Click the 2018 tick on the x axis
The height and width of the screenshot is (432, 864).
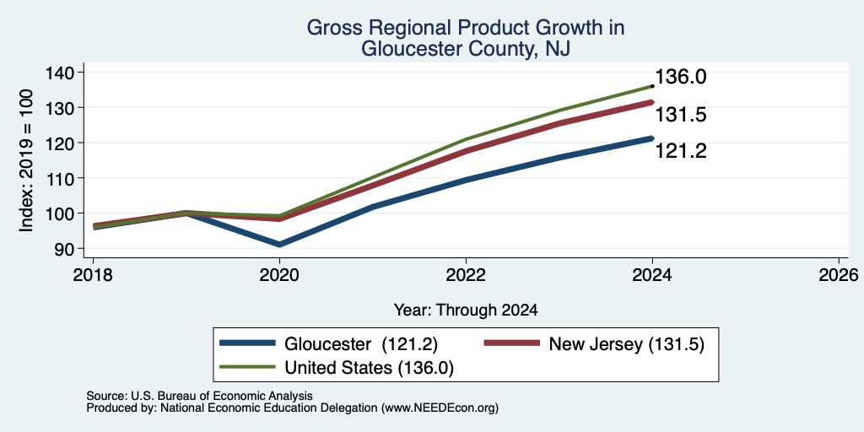[x=93, y=275]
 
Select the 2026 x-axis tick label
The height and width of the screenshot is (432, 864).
[x=839, y=275]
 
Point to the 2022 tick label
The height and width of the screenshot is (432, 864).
[x=466, y=275]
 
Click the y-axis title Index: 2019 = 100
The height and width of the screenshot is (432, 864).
[x=26, y=160]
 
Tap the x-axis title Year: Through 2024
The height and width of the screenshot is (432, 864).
[x=466, y=310]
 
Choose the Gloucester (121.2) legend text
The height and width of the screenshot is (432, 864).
[x=361, y=344]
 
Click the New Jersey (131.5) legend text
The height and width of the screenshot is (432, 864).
[x=627, y=344]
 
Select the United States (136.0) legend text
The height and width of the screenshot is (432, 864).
[x=370, y=368]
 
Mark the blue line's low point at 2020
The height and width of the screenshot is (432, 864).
[x=279, y=244]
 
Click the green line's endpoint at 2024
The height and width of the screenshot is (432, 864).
[x=652, y=86]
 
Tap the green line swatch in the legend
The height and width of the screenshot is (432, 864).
[x=247, y=366]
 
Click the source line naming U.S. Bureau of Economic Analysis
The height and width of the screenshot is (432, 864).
[x=199, y=397]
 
